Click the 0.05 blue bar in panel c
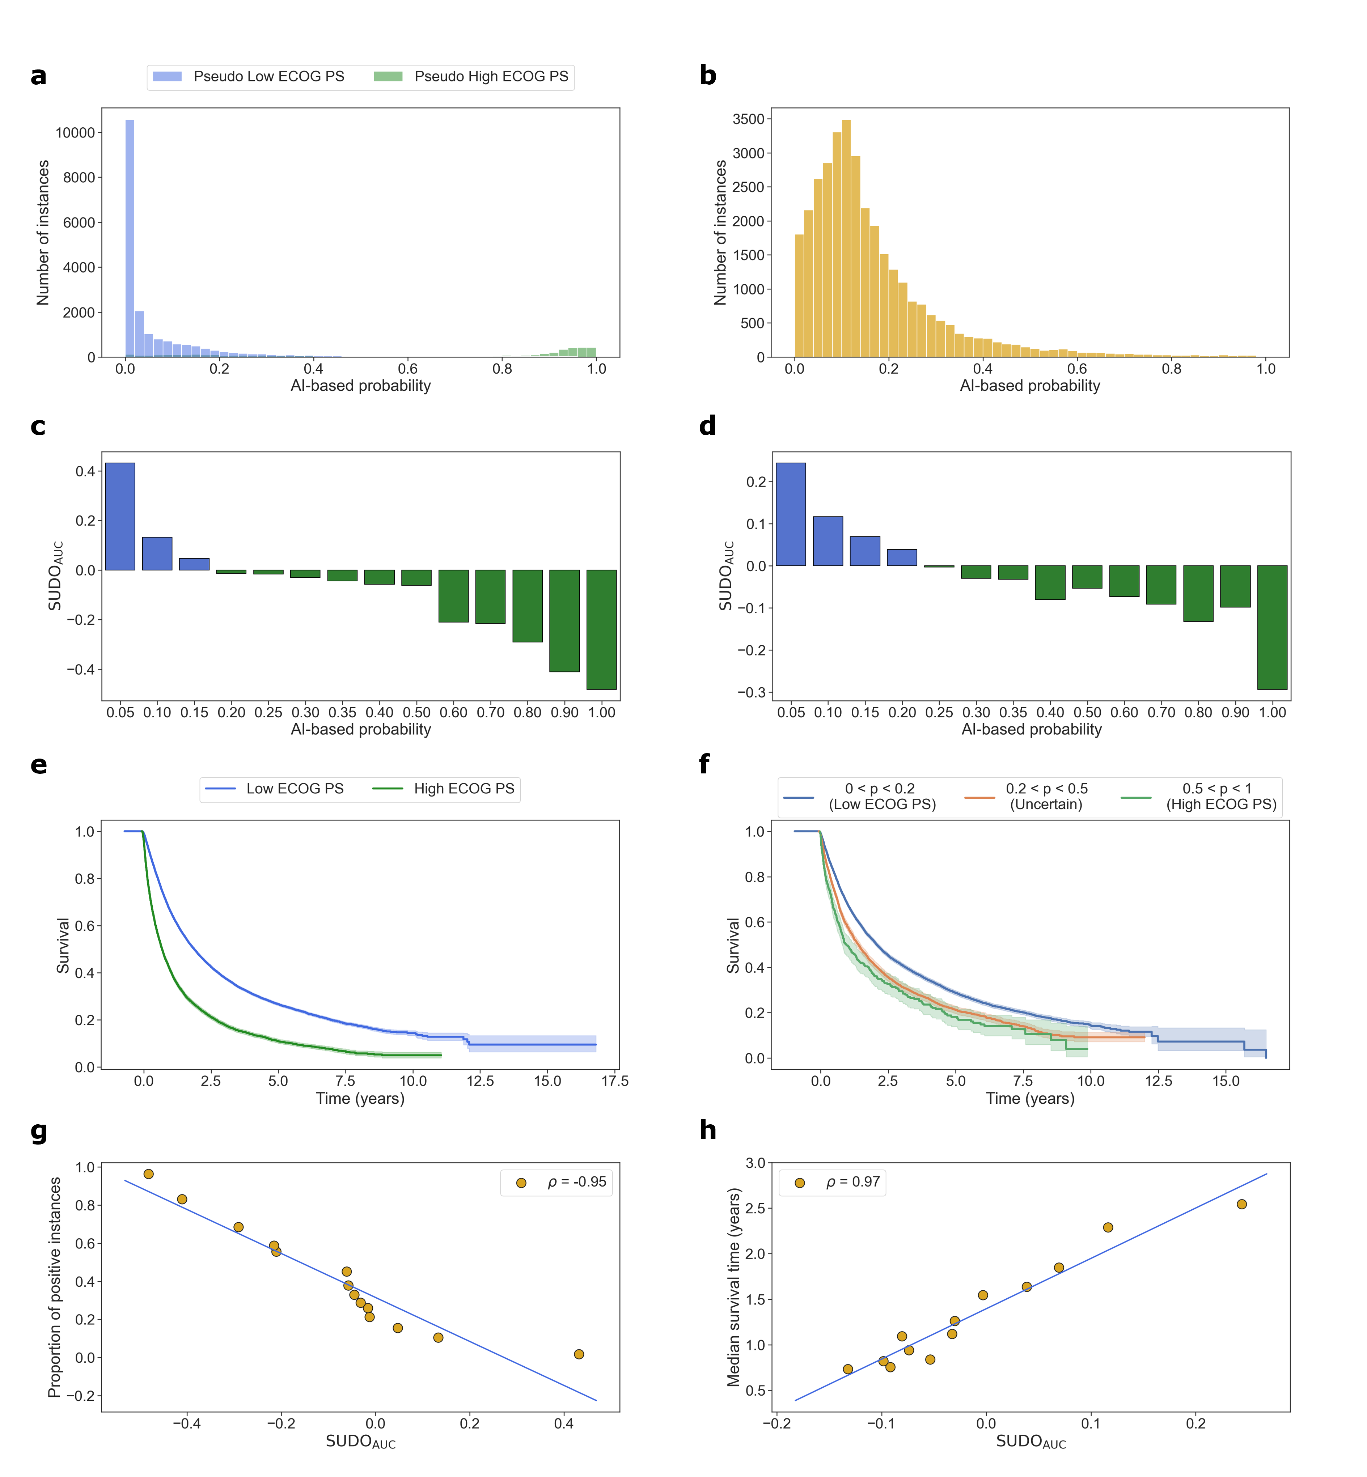[x=120, y=516]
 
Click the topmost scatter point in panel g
[x=149, y=1174]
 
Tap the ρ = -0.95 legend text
[x=576, y=1182]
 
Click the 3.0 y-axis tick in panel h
[x=755, y=1163]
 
